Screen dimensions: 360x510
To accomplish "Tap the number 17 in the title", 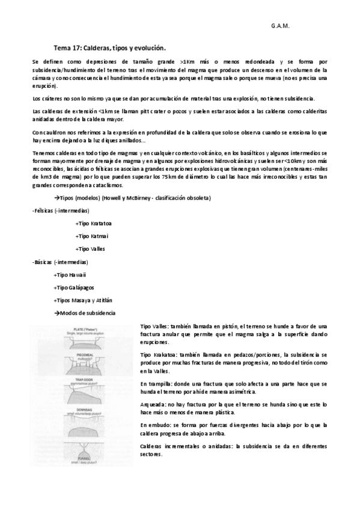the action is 75,48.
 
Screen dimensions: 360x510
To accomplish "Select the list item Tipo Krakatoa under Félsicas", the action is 95,224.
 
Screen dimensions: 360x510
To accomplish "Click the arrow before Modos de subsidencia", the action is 56,313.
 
